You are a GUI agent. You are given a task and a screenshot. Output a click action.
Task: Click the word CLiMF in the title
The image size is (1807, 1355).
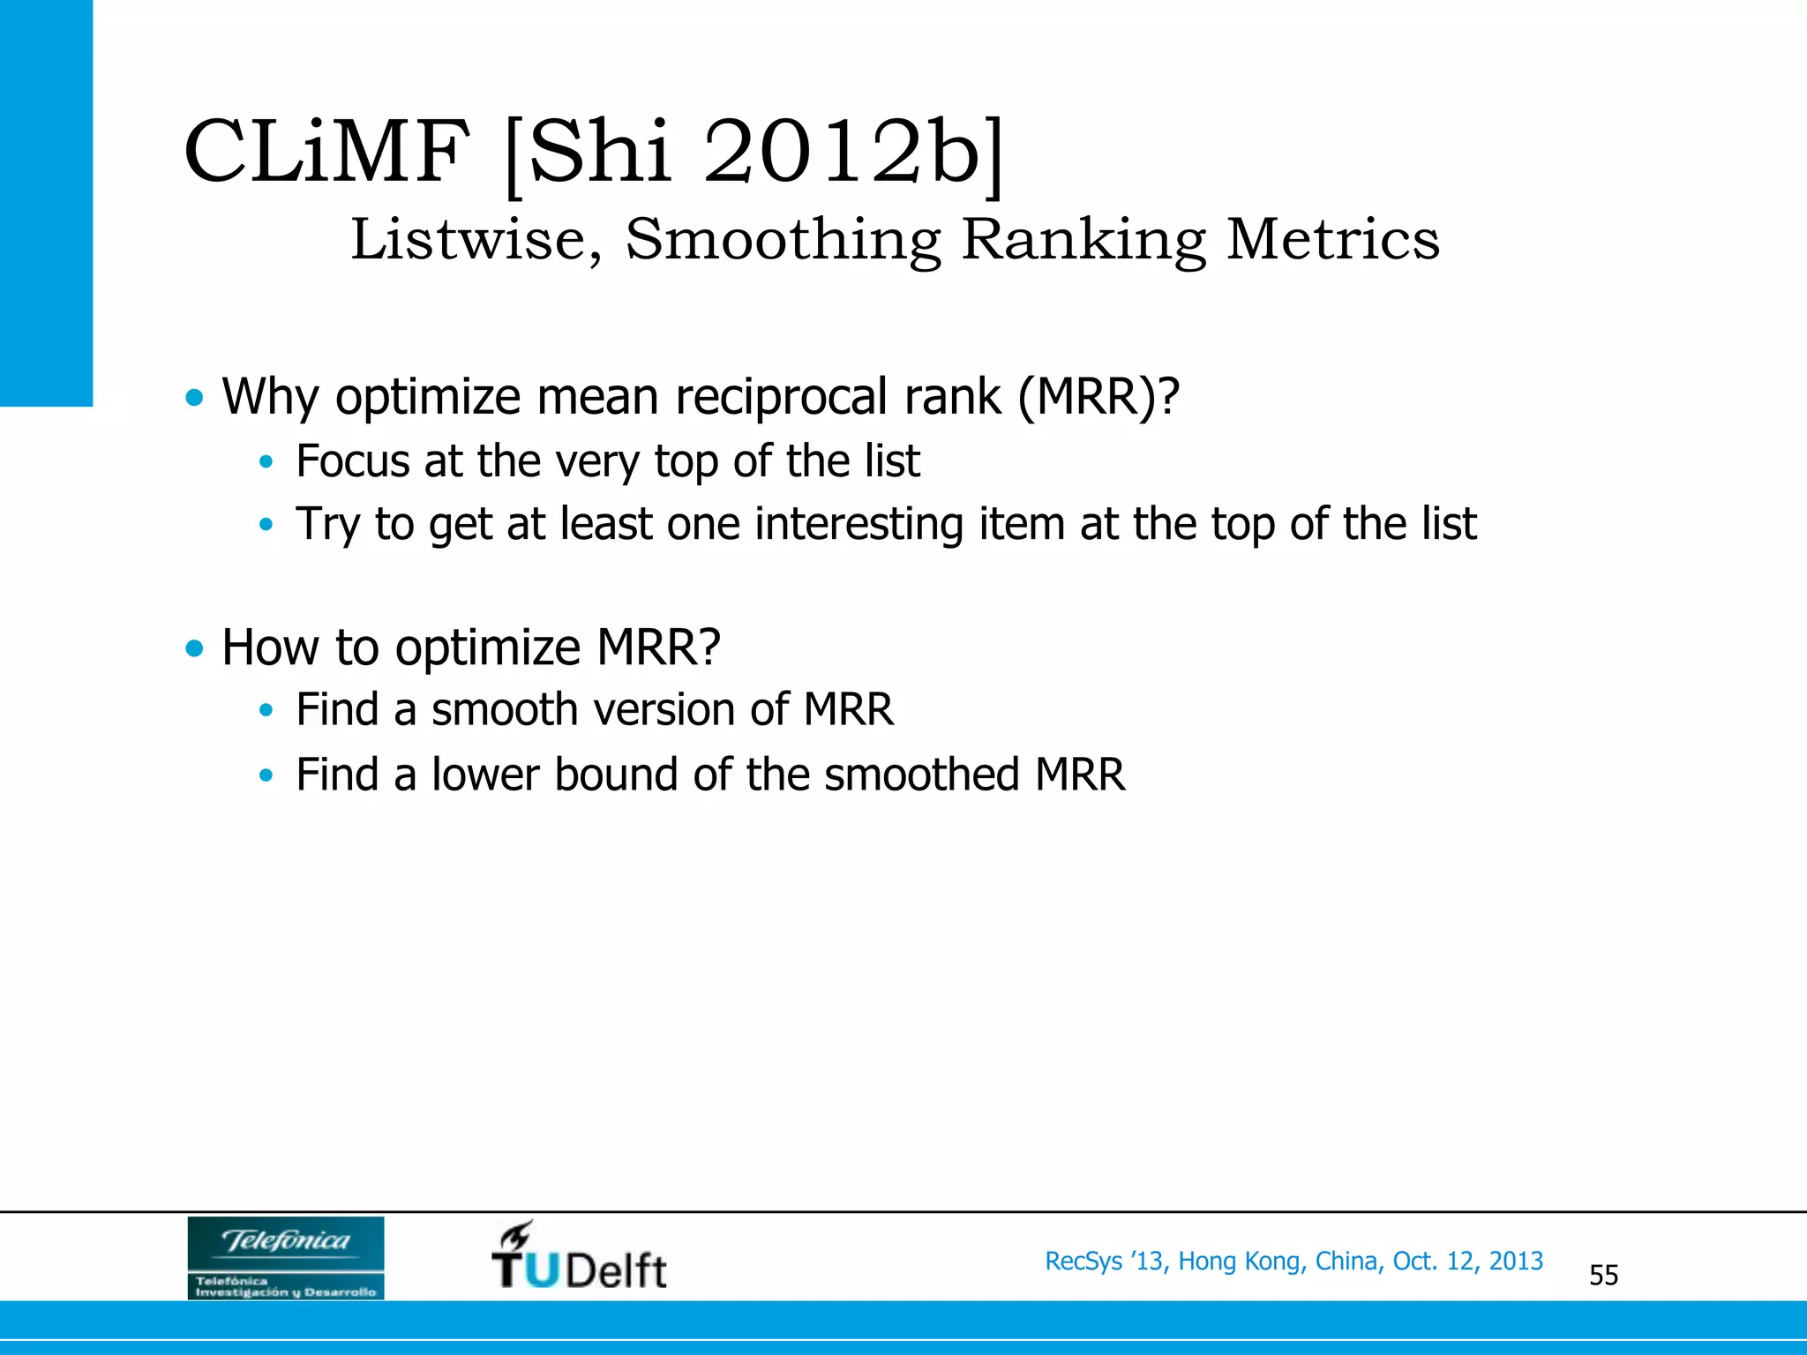(x=326, y=152)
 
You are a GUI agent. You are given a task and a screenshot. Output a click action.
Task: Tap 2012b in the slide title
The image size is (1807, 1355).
(x=843, y=152)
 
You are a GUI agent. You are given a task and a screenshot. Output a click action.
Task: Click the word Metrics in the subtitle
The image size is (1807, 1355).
(x=1332, y=239)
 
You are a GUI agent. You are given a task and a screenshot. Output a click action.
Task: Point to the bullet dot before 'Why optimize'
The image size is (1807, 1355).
(x=194, y=397)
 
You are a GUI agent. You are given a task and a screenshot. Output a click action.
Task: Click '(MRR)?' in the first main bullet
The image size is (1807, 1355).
(x=1098, y=397)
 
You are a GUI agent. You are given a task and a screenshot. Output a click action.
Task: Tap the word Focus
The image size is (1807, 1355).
(x=352, y=460)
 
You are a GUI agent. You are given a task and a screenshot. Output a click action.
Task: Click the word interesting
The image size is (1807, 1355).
(x=859, y=524)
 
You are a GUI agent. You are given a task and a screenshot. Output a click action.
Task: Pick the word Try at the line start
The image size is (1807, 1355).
(x=327, y=524)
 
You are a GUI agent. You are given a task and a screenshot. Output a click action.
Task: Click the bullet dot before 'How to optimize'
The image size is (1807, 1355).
(x=194, y=648)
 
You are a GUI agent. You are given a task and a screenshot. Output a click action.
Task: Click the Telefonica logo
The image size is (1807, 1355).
(x=286, y=1257)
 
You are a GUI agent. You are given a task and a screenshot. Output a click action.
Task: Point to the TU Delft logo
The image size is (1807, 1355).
(x=579, y=1256)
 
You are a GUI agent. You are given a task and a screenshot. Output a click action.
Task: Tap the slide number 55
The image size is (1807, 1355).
(x=1603, y=1275)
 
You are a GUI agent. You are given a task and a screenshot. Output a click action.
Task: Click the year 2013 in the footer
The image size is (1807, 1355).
(x=1516, y=1261)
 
